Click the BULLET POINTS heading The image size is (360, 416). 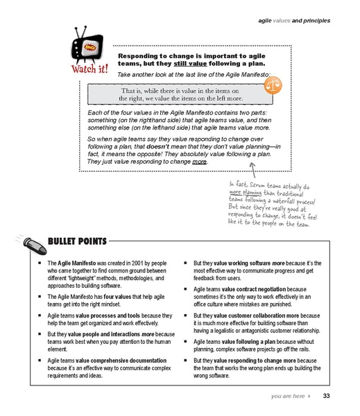[77, 242]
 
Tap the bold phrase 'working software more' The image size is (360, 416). [255, 264]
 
